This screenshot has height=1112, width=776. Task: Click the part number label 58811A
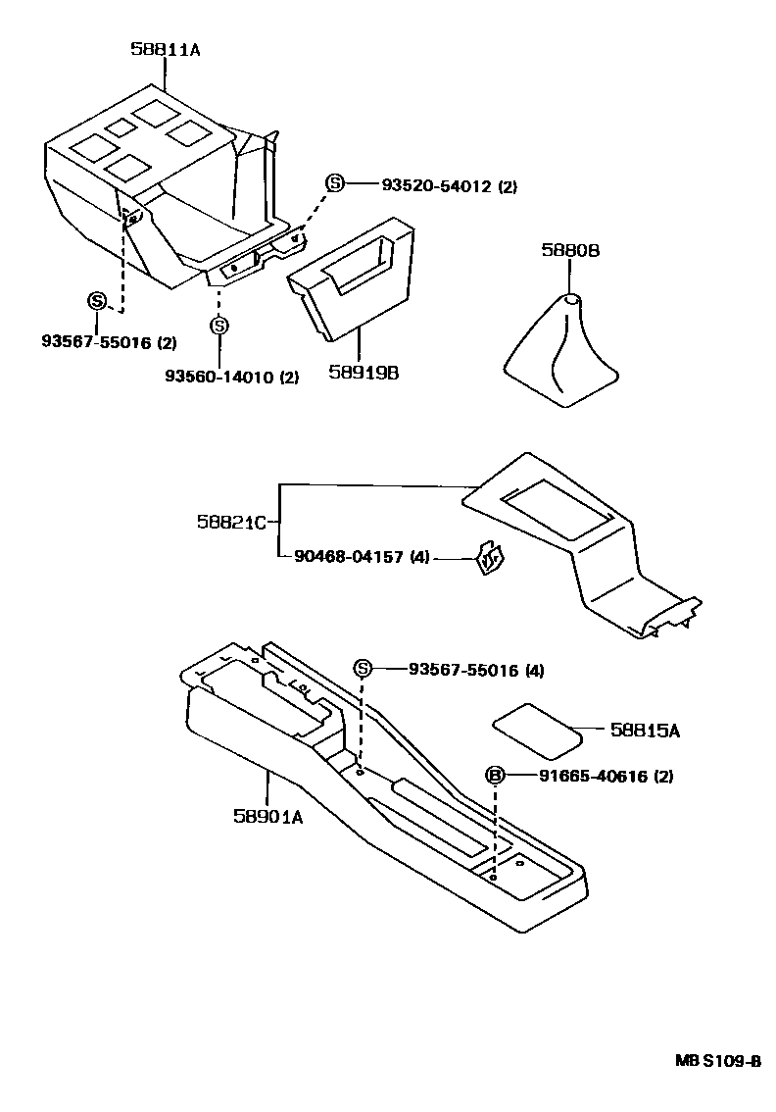tap(166, 49)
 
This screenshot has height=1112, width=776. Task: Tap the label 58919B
tap(364, 373)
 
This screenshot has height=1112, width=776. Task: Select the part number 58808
tap(569, 251)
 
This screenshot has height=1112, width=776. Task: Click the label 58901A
tap(267, 815)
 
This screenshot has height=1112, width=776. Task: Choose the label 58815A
tap(645, 731)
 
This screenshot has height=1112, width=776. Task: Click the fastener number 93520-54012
tap(436, 185)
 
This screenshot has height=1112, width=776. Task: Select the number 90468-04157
tap(348, 558)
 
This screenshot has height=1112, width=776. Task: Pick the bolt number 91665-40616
tap(592, 777)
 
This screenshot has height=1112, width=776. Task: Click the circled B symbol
tap(496, 777)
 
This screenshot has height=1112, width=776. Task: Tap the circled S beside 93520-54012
tap(335, 184)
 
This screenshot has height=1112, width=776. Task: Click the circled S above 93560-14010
tap(219, 326)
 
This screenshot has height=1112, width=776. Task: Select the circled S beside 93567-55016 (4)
tap(363, 670)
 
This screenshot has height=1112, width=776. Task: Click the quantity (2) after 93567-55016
tap(168, 342)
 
